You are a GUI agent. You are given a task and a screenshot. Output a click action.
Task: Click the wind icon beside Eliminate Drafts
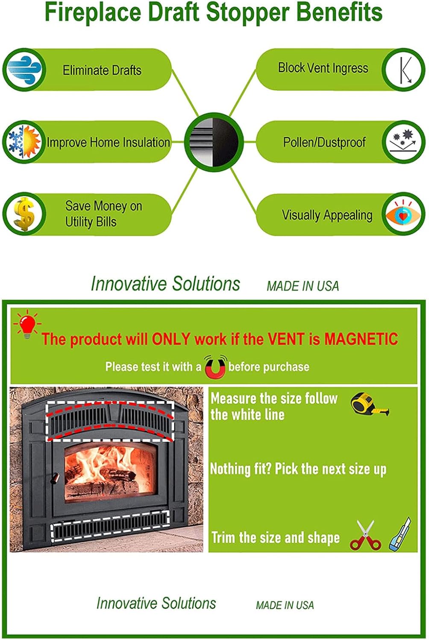(x=24, y=69)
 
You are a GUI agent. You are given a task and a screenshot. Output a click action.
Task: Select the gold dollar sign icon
(x=24, y=214)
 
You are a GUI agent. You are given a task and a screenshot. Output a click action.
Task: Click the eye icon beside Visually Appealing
(x=403, y=214)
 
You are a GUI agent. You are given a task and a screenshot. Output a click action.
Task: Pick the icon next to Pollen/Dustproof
(x=403, y=141)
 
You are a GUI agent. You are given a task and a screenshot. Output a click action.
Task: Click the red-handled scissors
(x=365, y=536)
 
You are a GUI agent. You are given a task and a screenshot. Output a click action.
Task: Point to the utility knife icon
(x=400, y=534)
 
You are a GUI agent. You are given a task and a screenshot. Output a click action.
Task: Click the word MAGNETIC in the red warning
(x=361, y=339)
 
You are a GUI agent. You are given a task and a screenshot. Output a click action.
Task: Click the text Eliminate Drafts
(x=102, y=70)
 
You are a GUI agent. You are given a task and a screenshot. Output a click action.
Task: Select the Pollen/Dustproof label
(x=324, y=142)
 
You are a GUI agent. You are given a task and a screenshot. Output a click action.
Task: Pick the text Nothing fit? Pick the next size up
(x=298, y=469)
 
